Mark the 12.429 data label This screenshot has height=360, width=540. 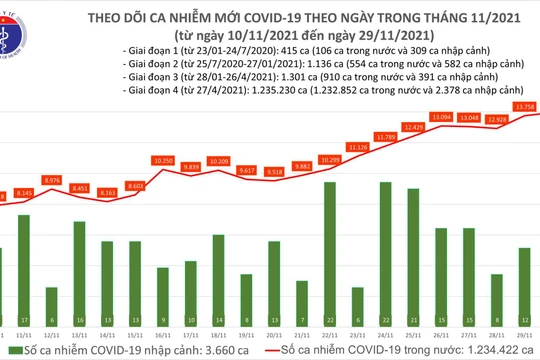pos(414,127)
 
